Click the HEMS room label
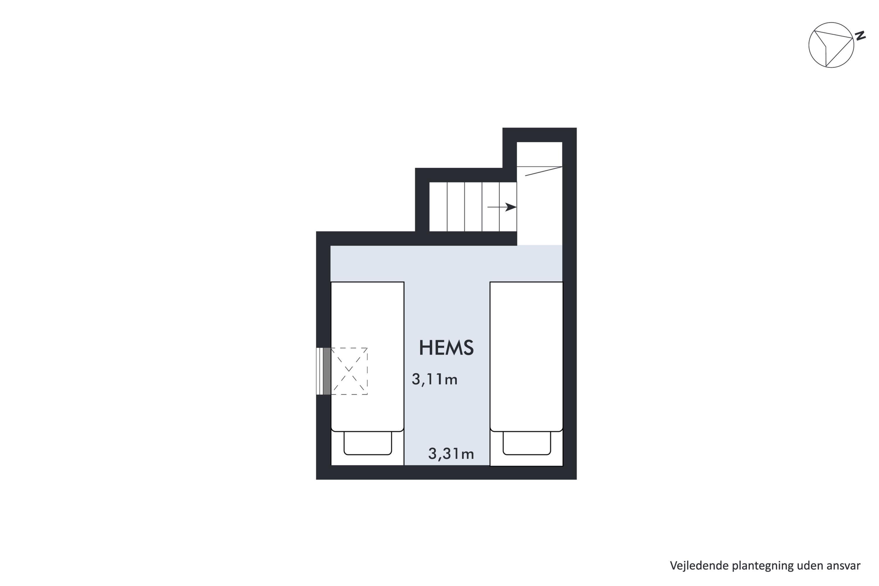pos(446,347)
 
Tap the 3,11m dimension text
pos(435,379)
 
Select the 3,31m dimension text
pos(451,454)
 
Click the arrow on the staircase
pos(502,207)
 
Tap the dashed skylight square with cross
pos(349,371)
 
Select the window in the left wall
pos(323,371)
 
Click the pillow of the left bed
pos(368,443)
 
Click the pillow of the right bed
pos(527,443)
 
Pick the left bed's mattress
pos(367,357)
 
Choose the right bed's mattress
pos(526,357)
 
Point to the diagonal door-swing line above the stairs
pos(544,171)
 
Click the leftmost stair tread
pos(438,207)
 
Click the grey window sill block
pos(327,371)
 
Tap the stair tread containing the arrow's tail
pos(491,207)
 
